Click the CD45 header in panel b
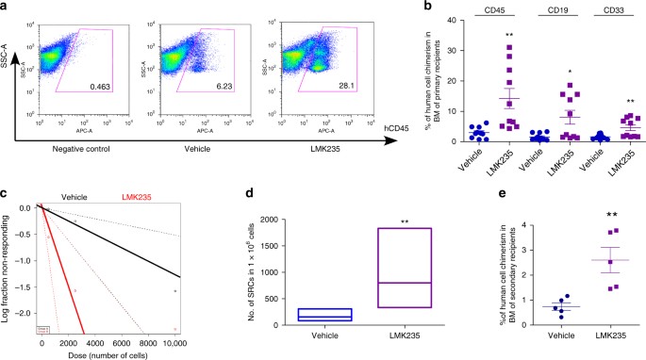(x=482, y=13)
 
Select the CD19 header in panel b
(x=545, y=13)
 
